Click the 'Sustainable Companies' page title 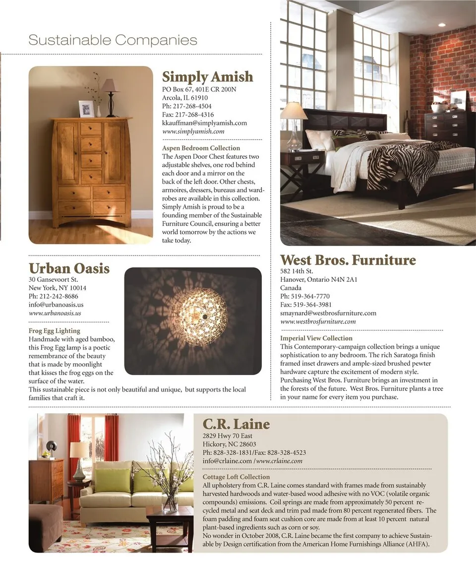[113, 40]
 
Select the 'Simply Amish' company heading [207, 77]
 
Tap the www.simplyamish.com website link [193, 131]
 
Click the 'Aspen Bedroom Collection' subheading [201, 148]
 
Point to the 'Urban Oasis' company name [69, 268]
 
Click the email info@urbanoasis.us [56, 305]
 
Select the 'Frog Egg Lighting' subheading [55, 330]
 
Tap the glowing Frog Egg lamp [200, 316]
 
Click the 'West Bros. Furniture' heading [348, 260]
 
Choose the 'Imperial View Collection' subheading [316, 338]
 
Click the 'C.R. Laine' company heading [236, 424]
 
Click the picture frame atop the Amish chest [86, 109]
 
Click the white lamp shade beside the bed [294, 111]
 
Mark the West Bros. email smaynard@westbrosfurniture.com [328, 313]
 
